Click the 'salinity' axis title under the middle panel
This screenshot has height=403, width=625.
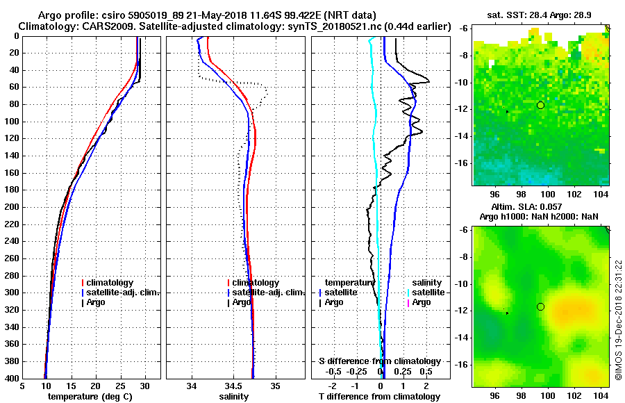click(x=235, y=397)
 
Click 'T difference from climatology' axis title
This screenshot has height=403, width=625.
click(x=379, y=397)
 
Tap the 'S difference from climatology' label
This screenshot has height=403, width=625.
click(x=379, y=361)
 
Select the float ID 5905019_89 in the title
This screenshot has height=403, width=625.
click(x=163, y=15)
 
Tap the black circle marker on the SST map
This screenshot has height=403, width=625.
click(x=540, y=105)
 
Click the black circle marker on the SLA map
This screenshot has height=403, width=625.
click(x=540, y=306)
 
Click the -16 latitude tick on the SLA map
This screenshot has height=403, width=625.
click(x=464, y=364)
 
